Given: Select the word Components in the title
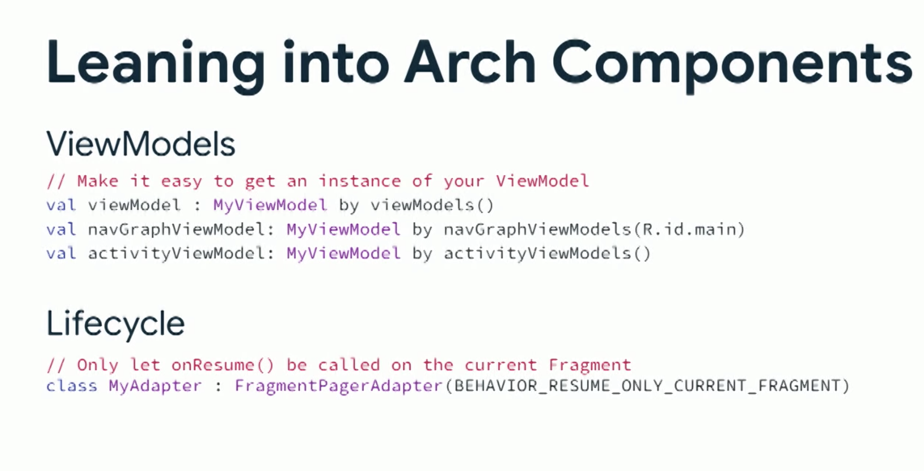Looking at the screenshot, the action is pos(732,65).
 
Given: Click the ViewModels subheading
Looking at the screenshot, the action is pos(141,143).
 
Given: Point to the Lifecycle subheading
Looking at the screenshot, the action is pos(115,324).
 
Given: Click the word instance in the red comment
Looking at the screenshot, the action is pos(360,181).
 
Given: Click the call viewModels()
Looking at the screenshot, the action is pos(432,205).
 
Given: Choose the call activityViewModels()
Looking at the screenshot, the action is pos(547,253).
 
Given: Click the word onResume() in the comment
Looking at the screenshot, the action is pos(223,365).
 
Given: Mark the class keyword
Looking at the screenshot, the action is pos(72,386).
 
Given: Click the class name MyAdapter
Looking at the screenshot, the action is pos(155,386).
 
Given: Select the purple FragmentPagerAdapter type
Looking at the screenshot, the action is pos(339,386).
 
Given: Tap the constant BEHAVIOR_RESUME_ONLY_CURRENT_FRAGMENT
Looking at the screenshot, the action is pos(647,386).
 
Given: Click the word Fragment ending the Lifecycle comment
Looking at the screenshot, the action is pos(590,365).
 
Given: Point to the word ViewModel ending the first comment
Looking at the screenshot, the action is pos(543,181).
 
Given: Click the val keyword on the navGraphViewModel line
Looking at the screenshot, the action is pos(61,229).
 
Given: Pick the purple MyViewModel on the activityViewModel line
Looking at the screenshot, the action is pos(343,253).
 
